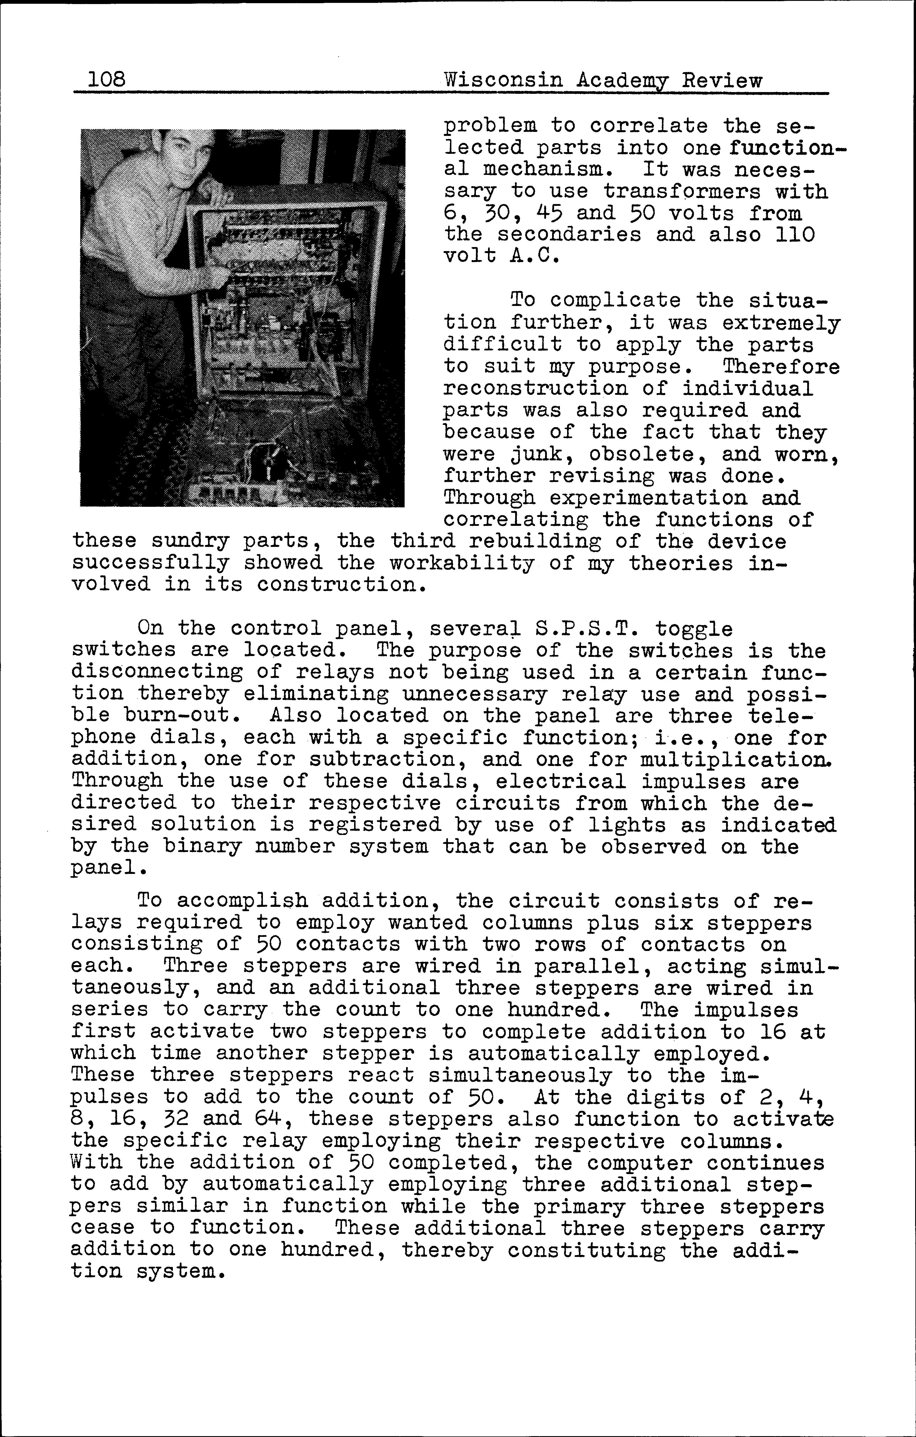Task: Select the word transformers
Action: tap(682, 192)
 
